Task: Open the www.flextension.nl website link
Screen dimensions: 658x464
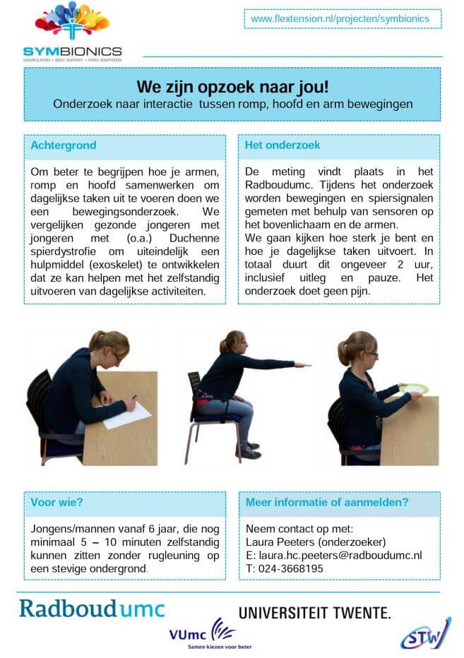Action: point(340,18)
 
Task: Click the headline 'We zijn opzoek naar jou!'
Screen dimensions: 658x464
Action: point(232,87)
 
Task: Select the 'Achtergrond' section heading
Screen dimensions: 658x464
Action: point(64,145)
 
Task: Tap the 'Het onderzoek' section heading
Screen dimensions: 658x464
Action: point(282,145)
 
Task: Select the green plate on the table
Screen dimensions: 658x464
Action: point(413,388)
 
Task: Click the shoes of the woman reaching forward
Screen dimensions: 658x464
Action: point(249,450)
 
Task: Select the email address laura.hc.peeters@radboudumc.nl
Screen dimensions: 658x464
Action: point(338,555)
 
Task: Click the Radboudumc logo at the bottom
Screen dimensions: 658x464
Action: point(92,608)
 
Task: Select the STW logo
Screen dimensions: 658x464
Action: point(425,633)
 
